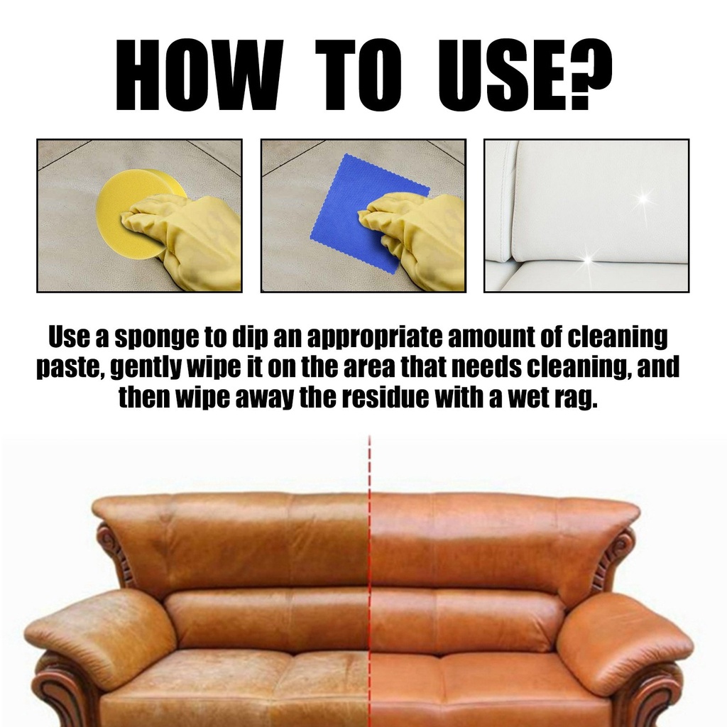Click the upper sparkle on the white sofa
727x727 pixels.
click(x=643, y=198)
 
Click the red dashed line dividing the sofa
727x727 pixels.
click(x=369, y=568)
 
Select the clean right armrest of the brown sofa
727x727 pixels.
click(x=625, y=639)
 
